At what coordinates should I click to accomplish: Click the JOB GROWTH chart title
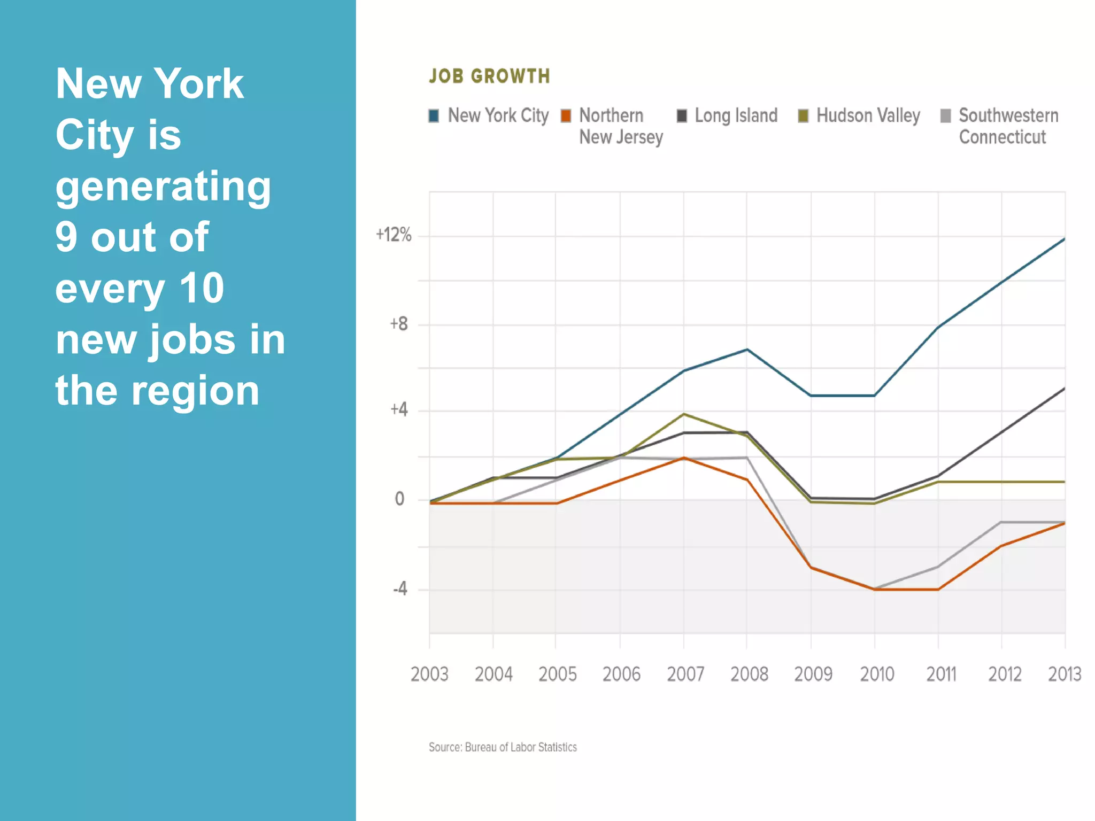[x=489, y=76]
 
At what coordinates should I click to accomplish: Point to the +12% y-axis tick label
[x=394, y=235]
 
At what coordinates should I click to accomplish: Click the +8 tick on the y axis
[x=399, y=324]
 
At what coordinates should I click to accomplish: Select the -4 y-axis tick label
[x=400, y=589]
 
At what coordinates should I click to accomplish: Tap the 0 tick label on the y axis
[x=399, y=499]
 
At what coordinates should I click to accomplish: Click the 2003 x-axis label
[x=429, y=674]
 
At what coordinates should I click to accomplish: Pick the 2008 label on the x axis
[x=749, y=674]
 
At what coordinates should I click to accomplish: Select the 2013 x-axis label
[x=1064, y=674]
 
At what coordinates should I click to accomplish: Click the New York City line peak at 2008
[x=747, y=350]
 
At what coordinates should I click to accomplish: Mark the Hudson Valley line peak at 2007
[x=684, y=414]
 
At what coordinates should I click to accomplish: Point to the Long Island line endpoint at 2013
[x=1063, y=389]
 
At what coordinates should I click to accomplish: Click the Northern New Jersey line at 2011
[x=938, y=590]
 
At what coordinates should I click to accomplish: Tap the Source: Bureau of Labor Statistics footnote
[x=503, y=747]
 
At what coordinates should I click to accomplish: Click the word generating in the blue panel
[x=163, y=187]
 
